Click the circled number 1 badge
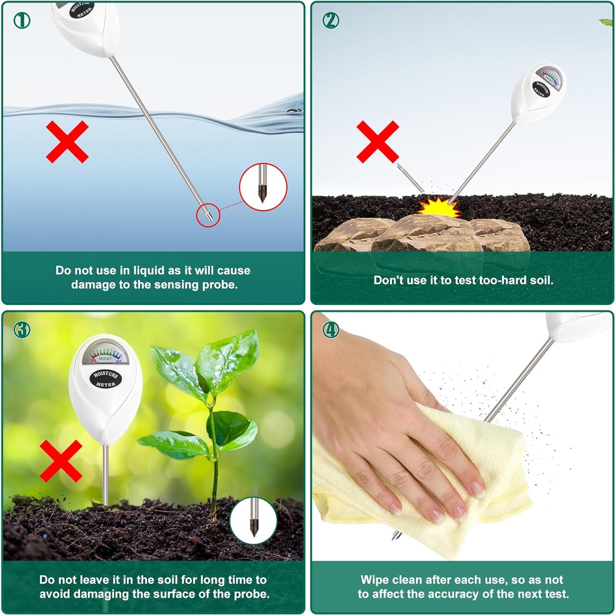[x=22, y=20]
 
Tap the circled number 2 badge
[x=331, y=20]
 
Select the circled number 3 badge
[x=22, y=330]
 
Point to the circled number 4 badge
[x=331, y=330]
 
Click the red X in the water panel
[x=67, y=142]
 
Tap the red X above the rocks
[x=378, y=142]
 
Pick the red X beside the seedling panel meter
[x=61, y=461]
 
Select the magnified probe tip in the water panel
[x=263, y=187]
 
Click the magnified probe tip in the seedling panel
[x=254, y=519]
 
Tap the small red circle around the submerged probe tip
[x=208, y=214]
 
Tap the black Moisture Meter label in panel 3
[x=105, y=379]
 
